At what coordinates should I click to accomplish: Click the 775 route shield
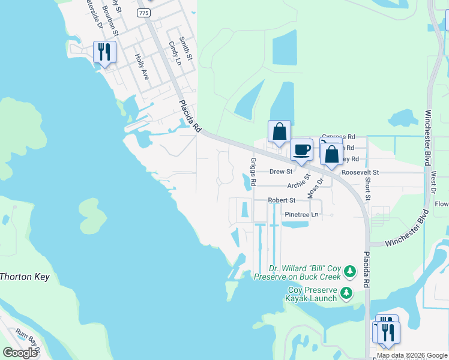143,13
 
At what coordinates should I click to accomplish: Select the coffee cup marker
301,149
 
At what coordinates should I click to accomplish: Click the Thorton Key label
25,277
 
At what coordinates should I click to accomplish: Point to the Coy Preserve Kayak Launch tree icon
346,293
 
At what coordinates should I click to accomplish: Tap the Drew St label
280,172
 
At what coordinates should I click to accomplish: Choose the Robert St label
282,200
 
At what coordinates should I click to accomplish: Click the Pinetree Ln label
301,214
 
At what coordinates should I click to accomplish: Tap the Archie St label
299,185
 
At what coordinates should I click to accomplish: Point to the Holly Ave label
142,67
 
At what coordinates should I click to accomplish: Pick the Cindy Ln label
175,53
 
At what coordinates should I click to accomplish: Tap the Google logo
20,353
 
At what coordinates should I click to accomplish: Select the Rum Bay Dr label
28,341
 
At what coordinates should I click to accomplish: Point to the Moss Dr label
315,188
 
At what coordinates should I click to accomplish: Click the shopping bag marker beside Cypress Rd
279,131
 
